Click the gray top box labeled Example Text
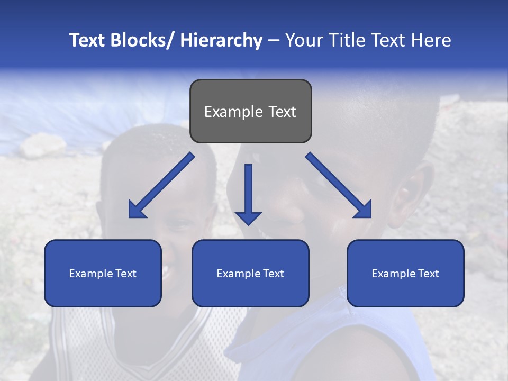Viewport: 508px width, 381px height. tap(250, 111)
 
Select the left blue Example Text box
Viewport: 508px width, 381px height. tap(103, 273)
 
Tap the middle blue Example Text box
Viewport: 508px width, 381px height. tap(250, 273)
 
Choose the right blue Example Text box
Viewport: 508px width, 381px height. tap(405, 273)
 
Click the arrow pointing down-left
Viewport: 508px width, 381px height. tap(159, 188)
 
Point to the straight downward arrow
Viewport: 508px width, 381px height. tap(248, 193)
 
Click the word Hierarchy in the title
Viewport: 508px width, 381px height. tap(221, 40)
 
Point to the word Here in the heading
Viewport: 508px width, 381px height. tap(433, 40)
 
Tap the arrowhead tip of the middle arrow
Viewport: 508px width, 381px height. tap(248, 224)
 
